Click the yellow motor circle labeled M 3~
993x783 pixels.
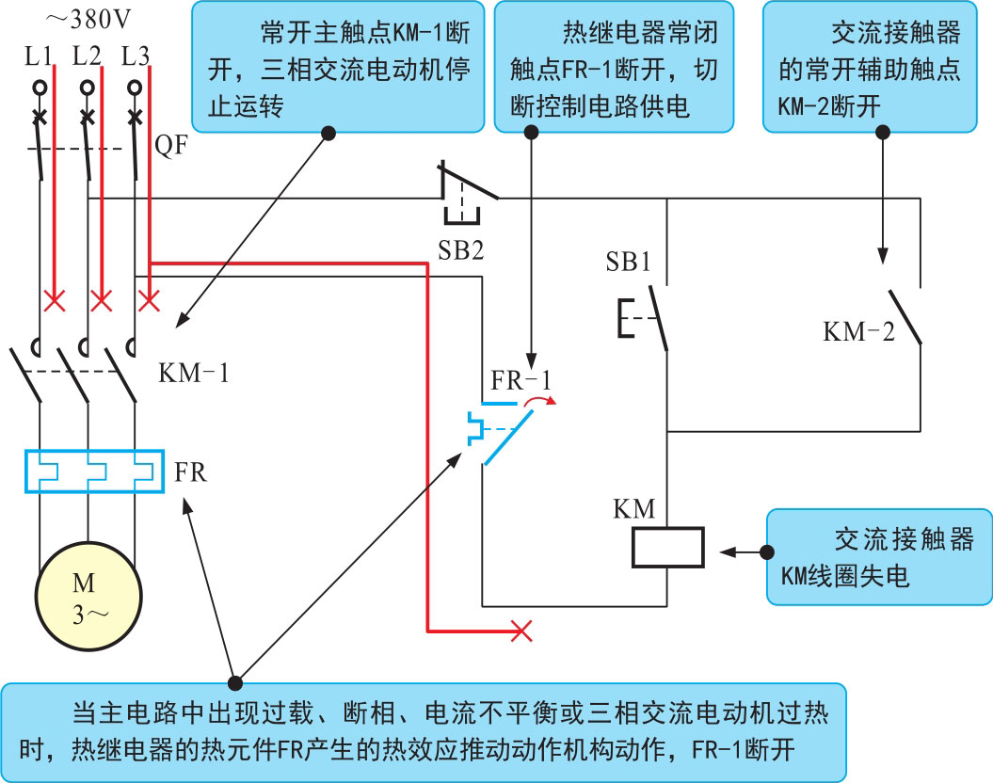click(88, 595)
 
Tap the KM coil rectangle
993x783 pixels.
click(667, 548)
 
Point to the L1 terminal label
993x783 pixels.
click(39, 56)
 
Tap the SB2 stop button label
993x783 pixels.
click(461, 250)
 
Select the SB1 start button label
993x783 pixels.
click(628, 263)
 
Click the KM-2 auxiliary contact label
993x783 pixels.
click(858, 331)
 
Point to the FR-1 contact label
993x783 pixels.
click(521, 381)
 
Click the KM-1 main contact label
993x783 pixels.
click(193, 373)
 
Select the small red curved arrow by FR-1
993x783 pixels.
click(539, 402)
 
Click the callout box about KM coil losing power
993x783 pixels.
click(878, 557)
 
